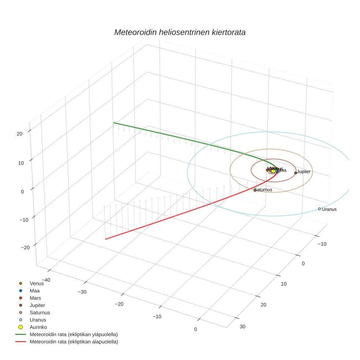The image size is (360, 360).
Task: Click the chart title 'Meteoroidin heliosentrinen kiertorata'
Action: coord(180,32)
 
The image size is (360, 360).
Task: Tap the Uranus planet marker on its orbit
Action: coord(319,209)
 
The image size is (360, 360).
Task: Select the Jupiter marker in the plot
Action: coord(296,173)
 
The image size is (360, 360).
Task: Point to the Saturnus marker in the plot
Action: coord(255,190)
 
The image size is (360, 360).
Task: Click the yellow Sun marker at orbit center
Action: coord(273,171)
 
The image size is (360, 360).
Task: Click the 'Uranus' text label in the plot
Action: coord(329,209)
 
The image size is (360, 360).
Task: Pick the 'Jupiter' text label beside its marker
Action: coord(304,172)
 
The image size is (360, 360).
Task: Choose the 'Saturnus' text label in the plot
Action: coord(263,190)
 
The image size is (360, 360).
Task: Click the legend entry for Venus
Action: coord(37,283)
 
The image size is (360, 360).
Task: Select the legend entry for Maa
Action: coord(34,290)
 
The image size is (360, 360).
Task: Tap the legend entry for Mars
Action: coord(35,298)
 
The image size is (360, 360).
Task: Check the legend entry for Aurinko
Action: coord(38,327)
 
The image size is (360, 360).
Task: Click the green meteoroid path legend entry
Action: coord(74,334)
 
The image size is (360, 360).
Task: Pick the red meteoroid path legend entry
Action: coord(74,342)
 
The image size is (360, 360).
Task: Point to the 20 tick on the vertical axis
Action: coord(19,134)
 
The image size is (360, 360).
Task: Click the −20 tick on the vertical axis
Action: coord(25,248)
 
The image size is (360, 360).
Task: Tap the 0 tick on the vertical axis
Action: coord(22,191)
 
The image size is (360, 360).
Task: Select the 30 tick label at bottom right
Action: coord(243,327)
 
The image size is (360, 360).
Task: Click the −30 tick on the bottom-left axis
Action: coord(82,292)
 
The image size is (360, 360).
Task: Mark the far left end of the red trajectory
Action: coord(106,239)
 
